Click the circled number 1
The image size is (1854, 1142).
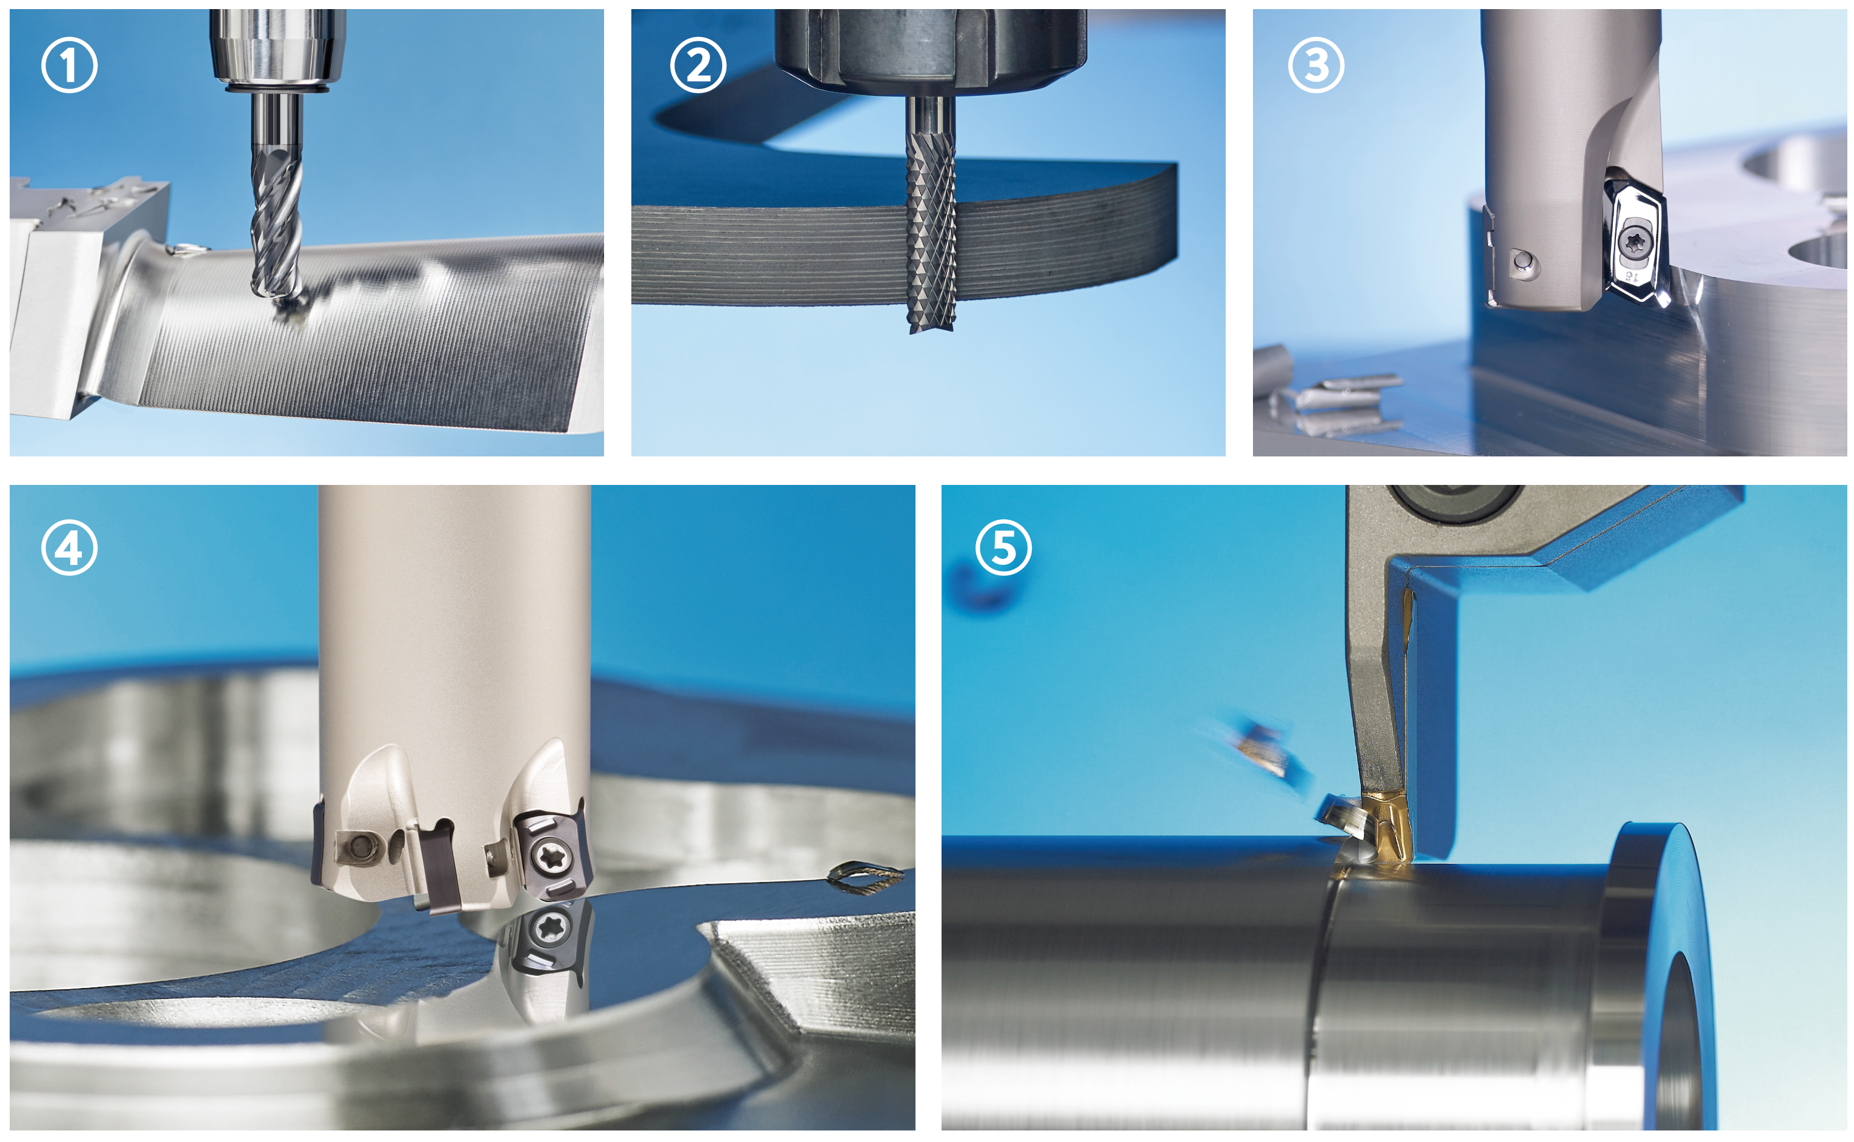(68, 65)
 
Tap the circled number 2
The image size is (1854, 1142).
(698, 65)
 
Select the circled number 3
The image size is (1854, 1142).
(1316, 65)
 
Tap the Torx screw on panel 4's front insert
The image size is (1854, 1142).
(547, 855)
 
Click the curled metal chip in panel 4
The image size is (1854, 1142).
(865, 875)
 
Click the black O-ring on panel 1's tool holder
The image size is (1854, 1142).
(277, 90)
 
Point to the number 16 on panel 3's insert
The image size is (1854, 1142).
(1633, 276)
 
